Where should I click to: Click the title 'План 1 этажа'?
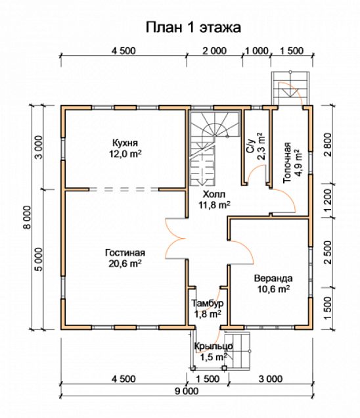193,28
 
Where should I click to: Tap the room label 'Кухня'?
125,143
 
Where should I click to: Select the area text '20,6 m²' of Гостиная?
125,264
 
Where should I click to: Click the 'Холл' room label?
214,194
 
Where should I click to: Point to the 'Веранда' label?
273,278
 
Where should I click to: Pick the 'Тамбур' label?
208,304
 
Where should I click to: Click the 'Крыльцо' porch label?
214,346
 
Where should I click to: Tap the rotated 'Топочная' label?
287,162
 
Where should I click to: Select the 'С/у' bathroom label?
251,146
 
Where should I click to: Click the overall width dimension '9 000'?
187,391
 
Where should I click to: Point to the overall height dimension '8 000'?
28,217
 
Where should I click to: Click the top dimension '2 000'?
215,51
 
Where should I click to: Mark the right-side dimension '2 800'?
328,144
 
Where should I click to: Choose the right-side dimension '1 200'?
328,200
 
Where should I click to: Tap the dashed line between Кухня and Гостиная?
124,189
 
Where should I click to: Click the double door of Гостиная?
176,239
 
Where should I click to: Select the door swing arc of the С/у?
256,172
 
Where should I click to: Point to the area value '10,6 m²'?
274,289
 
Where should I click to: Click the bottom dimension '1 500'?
208,379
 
